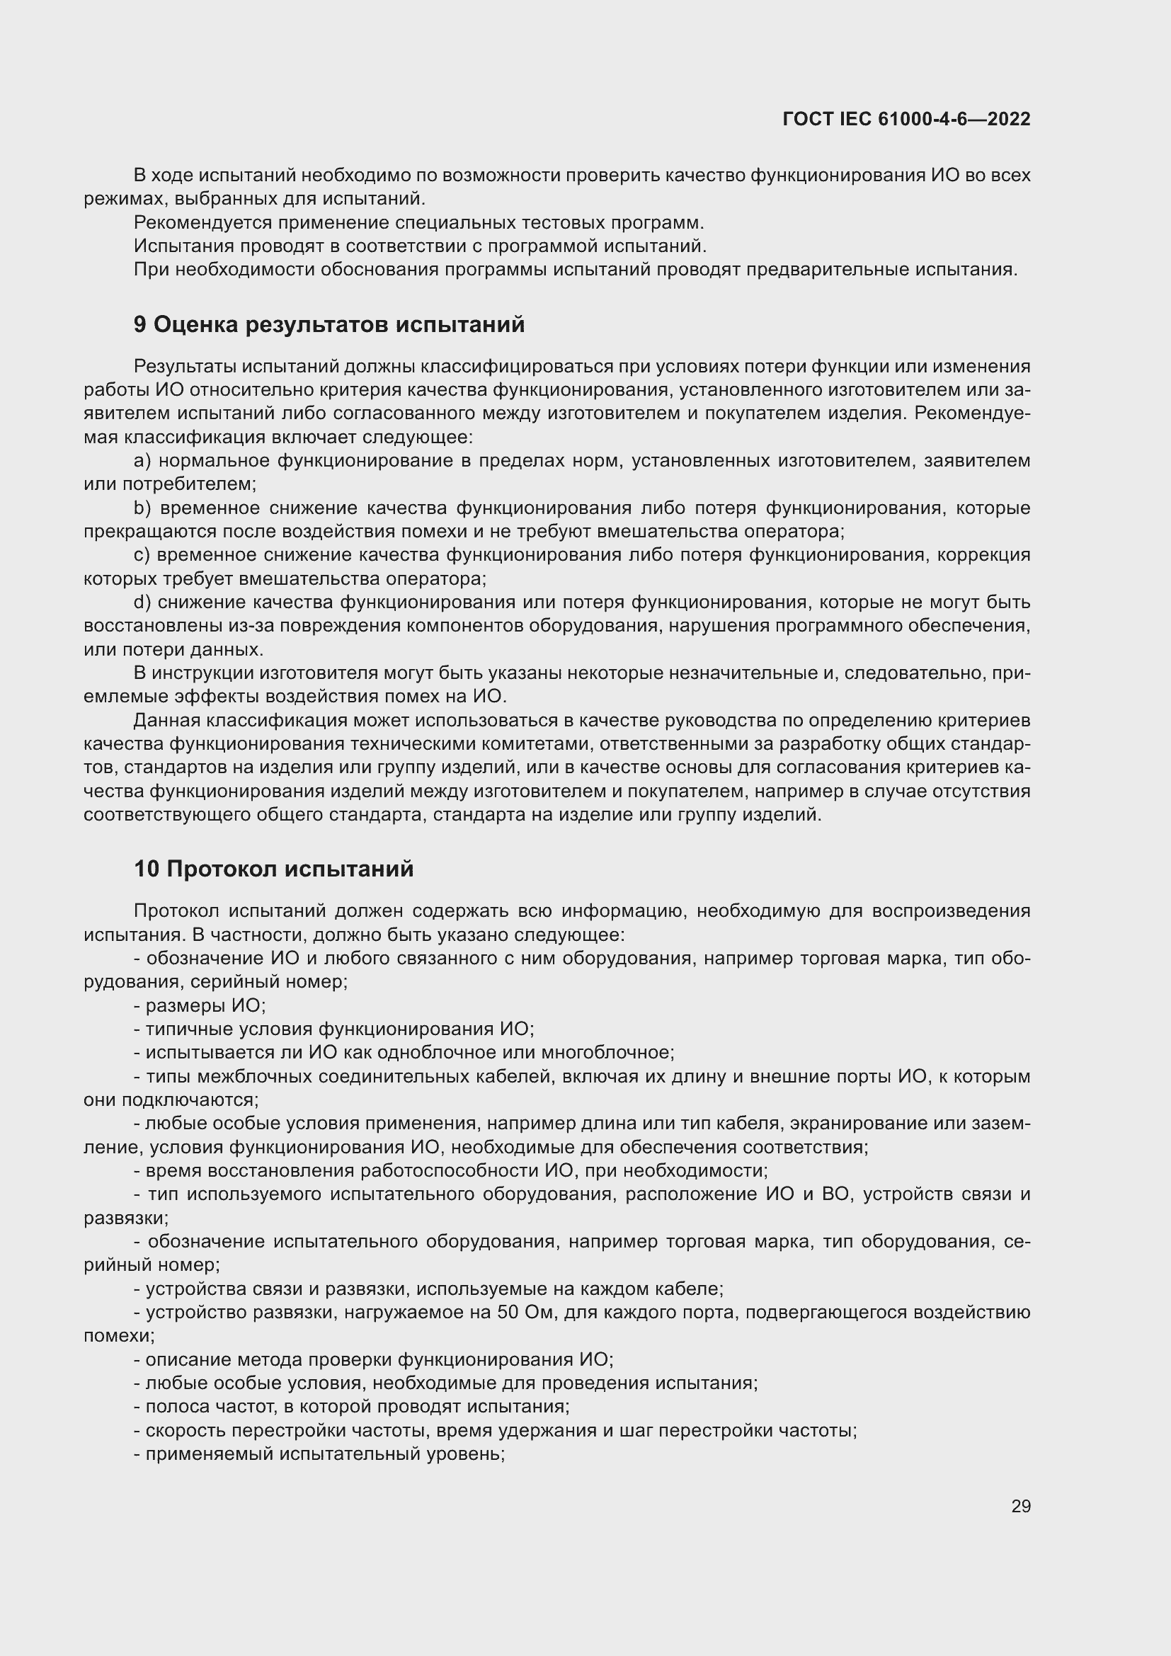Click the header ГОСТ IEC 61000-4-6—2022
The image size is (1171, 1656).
(906, 119)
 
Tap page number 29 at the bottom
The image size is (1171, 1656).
(1020, 1506)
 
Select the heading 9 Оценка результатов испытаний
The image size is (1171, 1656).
(329, 324)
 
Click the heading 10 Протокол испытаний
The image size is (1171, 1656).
(273, 869)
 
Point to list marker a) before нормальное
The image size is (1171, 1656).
(142, 460)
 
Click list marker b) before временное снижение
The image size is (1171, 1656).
(142, 508)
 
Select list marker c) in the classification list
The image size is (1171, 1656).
(142, 554)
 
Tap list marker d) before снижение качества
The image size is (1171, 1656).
(142, 603)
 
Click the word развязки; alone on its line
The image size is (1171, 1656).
(125, 1218)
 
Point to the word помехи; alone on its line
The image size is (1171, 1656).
(119, 1336)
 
